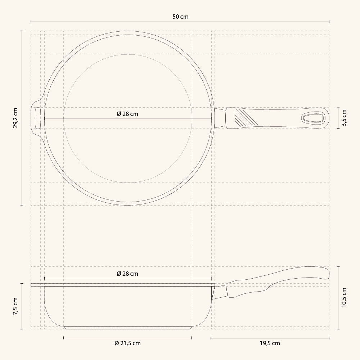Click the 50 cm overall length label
tap(180, 17)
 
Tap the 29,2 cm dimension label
tap(15, 118)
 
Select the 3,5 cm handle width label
tap(344, 118)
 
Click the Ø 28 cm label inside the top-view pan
tap(127, 114)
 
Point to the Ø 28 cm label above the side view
tap(127, 274)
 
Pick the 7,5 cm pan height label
tap(15, 306)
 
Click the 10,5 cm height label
tap(344, 298)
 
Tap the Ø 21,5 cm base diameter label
tap(127, 343)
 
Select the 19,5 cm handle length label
tap(270, 343)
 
